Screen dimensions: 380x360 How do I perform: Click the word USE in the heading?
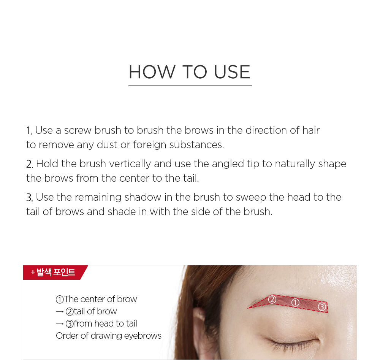232,72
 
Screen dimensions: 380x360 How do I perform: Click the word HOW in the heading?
152,72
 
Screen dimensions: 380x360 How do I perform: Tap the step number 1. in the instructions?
29,131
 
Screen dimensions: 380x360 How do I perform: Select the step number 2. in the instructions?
30,164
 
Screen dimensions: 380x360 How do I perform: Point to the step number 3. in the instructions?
30,198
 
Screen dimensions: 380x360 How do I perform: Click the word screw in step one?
78,130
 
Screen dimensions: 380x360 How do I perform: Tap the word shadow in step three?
143,197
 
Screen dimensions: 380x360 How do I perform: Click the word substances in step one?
196,145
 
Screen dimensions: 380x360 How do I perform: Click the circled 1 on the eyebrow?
295,303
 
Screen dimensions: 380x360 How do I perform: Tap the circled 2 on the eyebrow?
272,300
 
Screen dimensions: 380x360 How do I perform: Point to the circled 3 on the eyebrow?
322,307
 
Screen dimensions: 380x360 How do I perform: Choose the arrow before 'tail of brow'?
60,311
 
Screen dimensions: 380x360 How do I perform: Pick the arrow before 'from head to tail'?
60,324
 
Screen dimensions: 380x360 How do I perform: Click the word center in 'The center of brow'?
93,300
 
